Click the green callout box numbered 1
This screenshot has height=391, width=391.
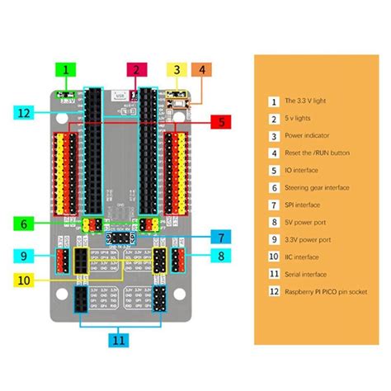click(x=65, y=71)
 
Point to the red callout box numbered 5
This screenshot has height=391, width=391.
click(x=222, y=121)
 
